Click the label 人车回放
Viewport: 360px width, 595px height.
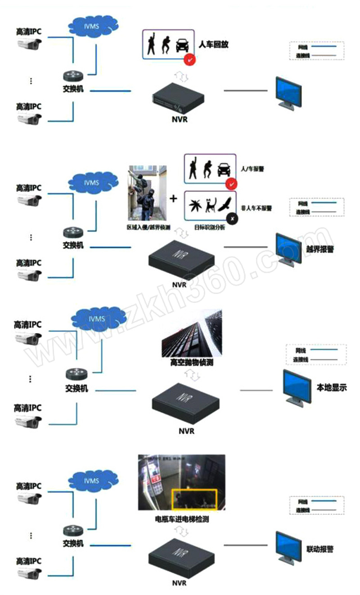(x=214, y=45)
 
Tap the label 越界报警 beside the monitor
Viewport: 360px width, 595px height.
(x=320, y=249)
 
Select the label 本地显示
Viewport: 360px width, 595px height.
(x=332, y=387)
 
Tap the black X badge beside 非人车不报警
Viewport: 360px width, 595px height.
(x=232, y=219)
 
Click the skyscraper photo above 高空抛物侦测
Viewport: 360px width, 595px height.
(x=192, y=332)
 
